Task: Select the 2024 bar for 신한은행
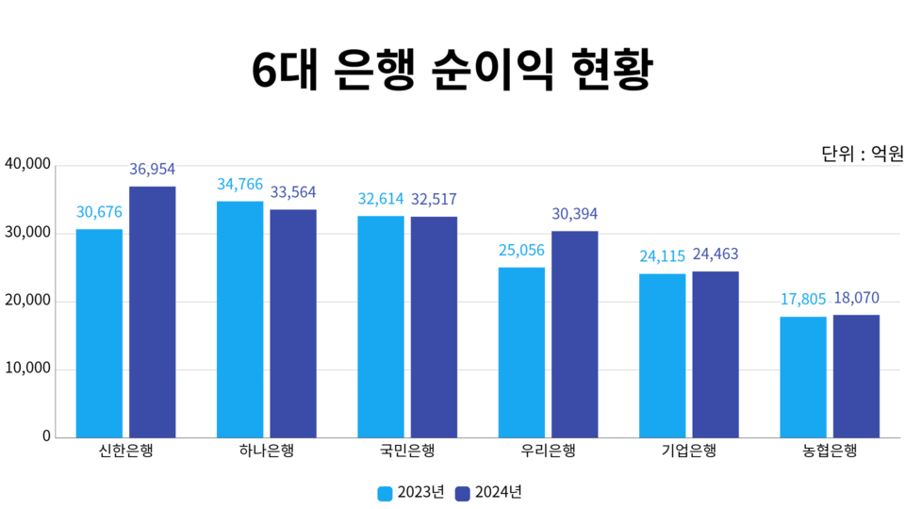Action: (x=152, y=311)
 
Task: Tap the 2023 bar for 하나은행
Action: (x=239, y=319)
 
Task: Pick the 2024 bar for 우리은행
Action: (x=574, y=334)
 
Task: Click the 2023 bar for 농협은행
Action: (x=803, y=376)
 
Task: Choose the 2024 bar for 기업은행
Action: (x=716, y=353)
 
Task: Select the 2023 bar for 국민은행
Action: (x=381, y=326)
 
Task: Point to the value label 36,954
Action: (x=152, y=170)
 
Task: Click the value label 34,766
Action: (x=239, y=185)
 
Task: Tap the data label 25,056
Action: (x=521, y=251)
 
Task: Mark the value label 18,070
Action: (x=856, y=299)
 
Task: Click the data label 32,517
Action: (x=434, y=200)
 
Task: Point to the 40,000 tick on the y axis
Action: (x=27, y=165)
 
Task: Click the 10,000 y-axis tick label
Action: (x=27, y=369)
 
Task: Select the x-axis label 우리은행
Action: (x=548, y=451)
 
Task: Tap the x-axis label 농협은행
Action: (x=830, y=451)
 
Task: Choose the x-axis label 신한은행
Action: (x=125, y=451)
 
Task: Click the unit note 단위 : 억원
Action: (x=862, y=153)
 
